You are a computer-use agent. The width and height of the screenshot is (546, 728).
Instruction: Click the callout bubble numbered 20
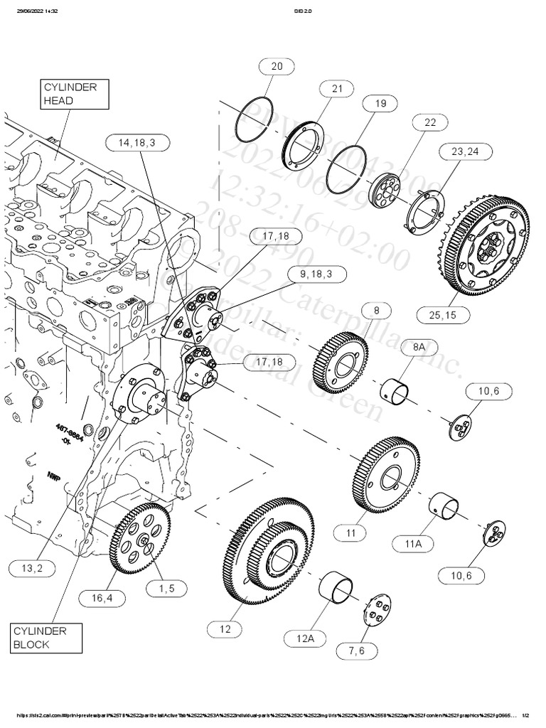[276, 66]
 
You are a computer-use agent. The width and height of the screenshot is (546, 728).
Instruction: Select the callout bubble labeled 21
[336, 88]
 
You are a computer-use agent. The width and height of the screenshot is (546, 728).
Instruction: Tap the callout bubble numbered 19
[380, 103]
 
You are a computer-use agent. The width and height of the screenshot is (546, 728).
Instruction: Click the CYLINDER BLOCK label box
[46, 638]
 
